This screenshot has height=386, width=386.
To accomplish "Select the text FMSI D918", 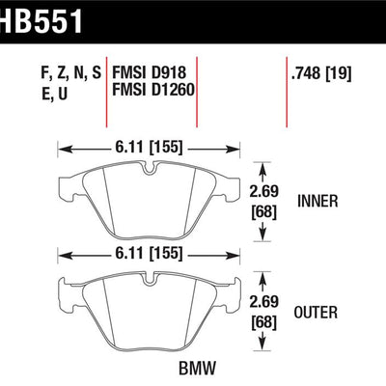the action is point(149,72).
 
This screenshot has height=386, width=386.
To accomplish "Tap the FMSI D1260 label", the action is point(153,89).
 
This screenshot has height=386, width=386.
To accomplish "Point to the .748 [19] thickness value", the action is point(320,73).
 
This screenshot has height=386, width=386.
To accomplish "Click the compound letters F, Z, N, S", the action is point(71,73).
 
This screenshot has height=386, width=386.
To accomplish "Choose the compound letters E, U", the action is point(55,94).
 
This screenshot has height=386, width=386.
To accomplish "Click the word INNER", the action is point(317,201).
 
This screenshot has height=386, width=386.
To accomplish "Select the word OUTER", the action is point(316,313).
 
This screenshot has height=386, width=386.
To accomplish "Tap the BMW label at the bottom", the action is point(198,368).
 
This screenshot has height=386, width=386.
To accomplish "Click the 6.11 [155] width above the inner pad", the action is point(148,147).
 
